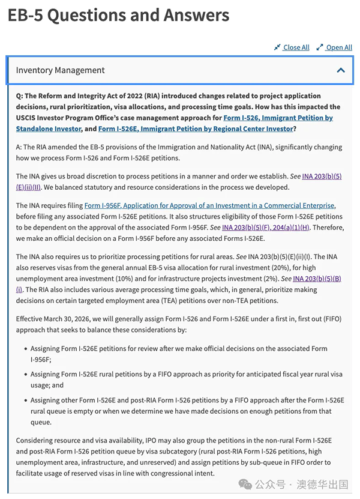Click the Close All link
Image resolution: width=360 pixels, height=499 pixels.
coord(296,47)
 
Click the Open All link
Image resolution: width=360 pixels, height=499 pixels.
coord(339,47)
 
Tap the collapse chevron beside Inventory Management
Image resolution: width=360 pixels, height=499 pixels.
coord(341,70)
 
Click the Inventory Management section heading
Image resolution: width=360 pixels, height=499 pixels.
coord(60,70)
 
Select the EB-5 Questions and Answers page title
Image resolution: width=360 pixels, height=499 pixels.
coord(118,15)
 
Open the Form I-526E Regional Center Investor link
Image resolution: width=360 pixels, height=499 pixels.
coord(196,129)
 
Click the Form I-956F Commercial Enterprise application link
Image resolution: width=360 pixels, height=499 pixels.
coord(209,205)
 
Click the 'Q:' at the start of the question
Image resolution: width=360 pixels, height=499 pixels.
coord(20,96)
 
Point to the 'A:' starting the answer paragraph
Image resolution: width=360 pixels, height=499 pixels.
coord(20,147)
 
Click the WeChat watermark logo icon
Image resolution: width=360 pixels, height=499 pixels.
coord(245,483)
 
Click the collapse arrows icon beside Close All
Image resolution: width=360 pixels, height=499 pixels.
coord(277,47)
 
